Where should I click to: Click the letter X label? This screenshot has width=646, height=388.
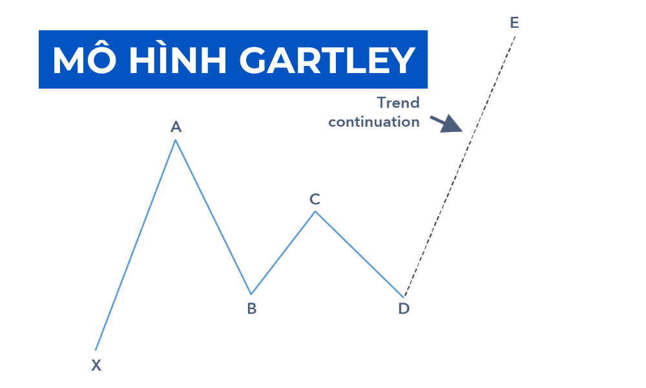[x=96, y=365]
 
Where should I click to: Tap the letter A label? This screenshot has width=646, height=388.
[x=176, y=127]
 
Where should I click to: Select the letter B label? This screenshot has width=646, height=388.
[x=251, y=309]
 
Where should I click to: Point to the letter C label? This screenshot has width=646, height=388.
[x=315, y=199]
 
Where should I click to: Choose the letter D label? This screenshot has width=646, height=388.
[x=404, y=309]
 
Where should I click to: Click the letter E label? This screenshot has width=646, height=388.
[x=514, y=23]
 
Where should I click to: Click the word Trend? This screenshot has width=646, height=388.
[x=398, y=103]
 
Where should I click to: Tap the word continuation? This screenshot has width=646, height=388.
[x=374, y=122]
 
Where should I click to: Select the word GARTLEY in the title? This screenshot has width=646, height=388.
[x=326, y=60]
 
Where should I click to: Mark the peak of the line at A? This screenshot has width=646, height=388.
[x=175, y=140]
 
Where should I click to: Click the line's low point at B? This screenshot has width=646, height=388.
[x=251, y=294]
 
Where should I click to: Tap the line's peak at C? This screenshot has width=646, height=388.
[x=315, y=211]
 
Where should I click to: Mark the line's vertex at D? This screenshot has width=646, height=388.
[x=404, y=296]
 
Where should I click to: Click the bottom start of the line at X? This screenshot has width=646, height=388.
[x=96, y=350]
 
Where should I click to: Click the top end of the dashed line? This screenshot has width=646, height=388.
[x=516, y=36]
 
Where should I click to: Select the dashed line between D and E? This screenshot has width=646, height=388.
[x=460, y=166]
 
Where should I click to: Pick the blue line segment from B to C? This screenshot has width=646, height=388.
[x=283, y=253]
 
